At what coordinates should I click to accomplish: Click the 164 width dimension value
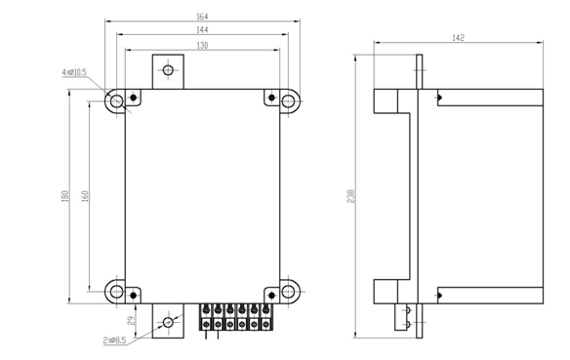point(202,17)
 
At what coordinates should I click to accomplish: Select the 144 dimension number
point(202,30)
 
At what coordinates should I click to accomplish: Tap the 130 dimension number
point(202,46)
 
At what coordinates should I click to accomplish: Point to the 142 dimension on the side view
point(458,38)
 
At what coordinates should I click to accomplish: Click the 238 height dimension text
point(350,196)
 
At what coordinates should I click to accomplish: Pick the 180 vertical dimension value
point(65,196)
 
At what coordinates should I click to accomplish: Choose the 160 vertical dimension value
point(85,196)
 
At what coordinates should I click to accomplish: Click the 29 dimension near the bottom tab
point(133,320)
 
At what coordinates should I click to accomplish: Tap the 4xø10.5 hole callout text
point(74,72)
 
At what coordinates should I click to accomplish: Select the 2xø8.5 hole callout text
point(114,340)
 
